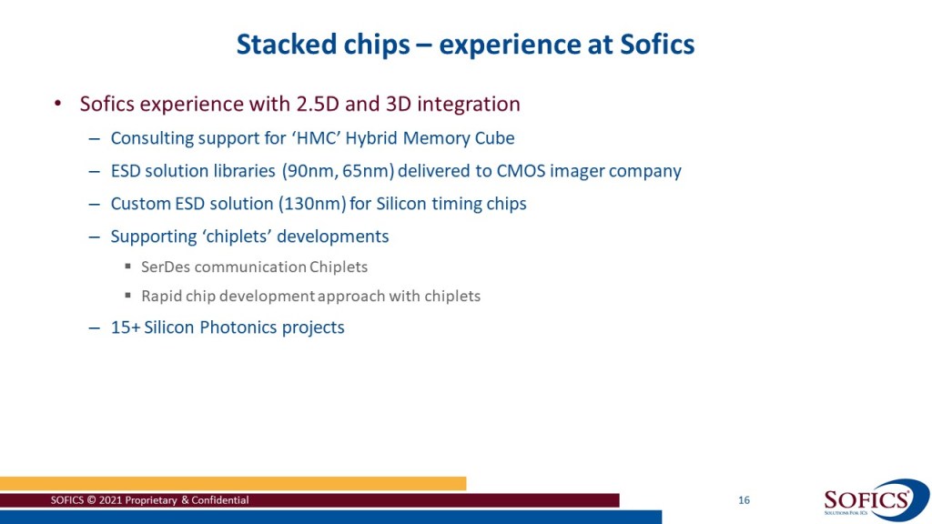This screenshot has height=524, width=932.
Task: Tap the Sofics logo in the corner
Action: tap(876, 500)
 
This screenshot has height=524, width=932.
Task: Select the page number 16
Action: tap(744, 500)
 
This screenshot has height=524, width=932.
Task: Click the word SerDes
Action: tap(166, 267)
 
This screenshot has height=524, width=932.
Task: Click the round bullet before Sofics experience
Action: tap(57, 104)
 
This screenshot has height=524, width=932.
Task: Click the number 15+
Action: tap(125, 327)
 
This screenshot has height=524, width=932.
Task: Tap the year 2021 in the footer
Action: tap(110, 500)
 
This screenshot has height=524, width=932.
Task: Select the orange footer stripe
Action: tap(233, 484)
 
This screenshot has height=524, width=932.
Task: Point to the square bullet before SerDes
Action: tap(127, 267)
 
